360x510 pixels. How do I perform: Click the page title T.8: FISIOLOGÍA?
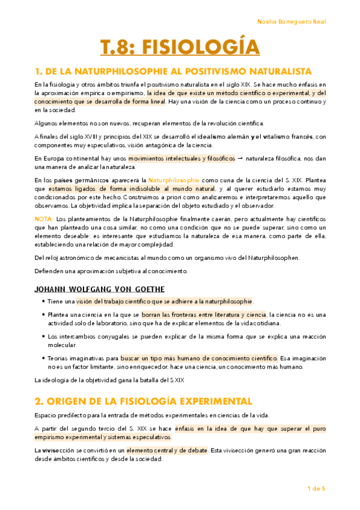coord(180,46)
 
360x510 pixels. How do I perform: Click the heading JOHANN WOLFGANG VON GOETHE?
coord(99,289)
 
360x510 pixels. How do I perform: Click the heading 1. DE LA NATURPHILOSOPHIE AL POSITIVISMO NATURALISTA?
coord(172,71)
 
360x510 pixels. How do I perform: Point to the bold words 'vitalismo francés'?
coord(278,137)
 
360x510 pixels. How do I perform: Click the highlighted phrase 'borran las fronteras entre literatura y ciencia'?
coord(205,315)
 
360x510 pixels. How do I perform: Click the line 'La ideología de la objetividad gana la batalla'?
coord(107,380)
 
